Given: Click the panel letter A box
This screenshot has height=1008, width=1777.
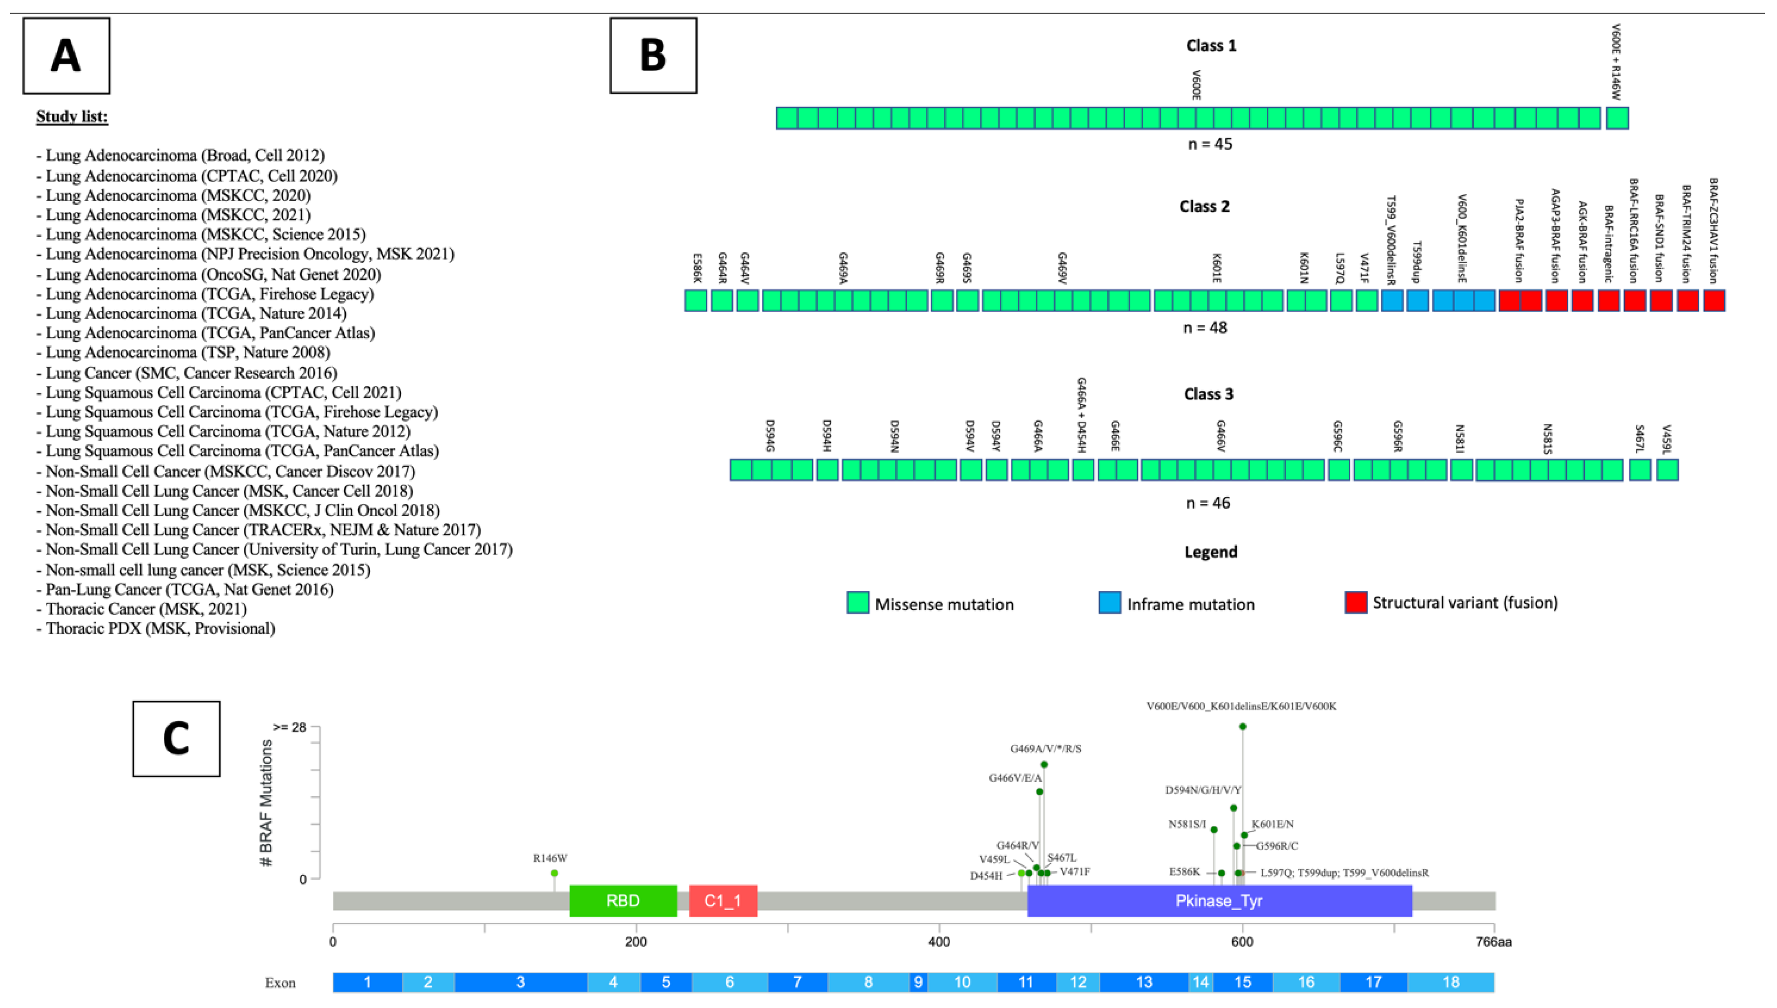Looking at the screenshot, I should point(66,55).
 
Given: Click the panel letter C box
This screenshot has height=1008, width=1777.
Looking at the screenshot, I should point(176,738).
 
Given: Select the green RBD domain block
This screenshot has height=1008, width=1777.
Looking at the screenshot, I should point(622,901).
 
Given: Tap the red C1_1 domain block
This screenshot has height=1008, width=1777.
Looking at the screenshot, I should point(723,901).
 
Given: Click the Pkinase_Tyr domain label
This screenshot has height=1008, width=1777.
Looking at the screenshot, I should point(1219,901).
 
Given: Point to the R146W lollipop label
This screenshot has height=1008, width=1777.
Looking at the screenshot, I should point(550,858).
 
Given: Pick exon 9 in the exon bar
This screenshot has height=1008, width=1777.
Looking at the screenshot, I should point(918,982).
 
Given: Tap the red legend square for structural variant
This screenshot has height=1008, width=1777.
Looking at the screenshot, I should point(1355,602).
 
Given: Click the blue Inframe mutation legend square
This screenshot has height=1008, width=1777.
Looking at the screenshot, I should point(1110,602).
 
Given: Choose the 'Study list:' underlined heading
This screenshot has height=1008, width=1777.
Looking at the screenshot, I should point(72,116).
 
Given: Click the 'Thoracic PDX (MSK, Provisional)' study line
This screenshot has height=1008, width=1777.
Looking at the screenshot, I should point(160,629).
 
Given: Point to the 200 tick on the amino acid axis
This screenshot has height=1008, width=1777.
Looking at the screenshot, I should point(636,942).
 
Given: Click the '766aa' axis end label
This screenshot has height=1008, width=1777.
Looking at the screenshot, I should point(1494,942).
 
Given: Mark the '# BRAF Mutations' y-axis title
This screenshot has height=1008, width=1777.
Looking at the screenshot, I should point(266,803).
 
